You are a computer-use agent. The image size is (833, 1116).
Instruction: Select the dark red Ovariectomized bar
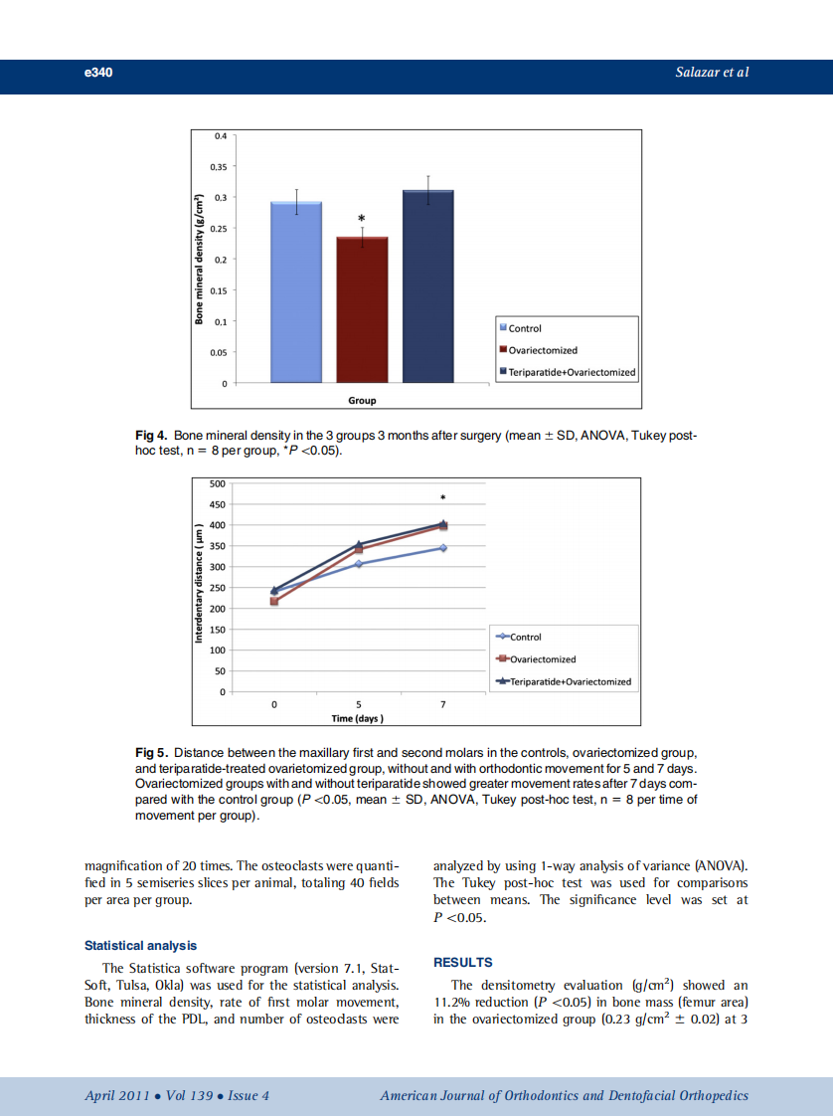click(362, 309)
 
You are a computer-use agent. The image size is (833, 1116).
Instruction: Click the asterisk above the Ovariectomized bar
click(362, 219)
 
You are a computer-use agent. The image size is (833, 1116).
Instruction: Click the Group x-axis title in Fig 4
click(362, 401)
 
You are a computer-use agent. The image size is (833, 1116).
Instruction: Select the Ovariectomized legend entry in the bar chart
click(542, 350)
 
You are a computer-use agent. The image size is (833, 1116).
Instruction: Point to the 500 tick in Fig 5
click(217, 483)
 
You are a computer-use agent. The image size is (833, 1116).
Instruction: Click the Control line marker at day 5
click(359, 564)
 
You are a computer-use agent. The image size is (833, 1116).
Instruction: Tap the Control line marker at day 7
click(443, 548)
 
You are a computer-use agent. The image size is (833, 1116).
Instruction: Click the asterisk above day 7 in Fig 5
click(443, 497)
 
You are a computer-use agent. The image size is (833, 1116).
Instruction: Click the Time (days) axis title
click(358, 718)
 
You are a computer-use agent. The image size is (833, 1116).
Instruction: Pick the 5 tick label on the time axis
click(359, 704)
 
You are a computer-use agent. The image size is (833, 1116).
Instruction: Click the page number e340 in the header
click(98, 74)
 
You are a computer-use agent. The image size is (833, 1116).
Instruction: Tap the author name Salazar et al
click(712, 74)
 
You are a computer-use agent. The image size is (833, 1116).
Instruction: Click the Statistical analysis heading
click(140, 946)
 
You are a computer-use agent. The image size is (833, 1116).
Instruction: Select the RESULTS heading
click(463, 963)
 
